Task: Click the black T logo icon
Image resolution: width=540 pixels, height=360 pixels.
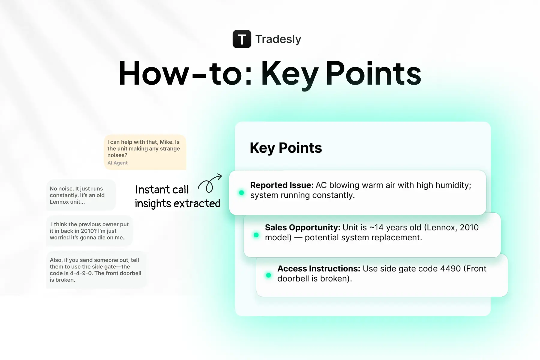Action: [x=242, y=39]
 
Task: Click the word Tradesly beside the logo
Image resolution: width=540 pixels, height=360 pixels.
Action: [x=278, y=39]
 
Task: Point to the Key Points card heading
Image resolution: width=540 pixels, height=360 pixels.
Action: [x=286, y=148]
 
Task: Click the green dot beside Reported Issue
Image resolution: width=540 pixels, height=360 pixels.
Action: [x=241, y=193]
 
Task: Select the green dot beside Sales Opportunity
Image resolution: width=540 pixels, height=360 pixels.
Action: [x=256, y=235]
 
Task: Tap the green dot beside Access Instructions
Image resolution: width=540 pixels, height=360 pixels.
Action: [x=268, y=275]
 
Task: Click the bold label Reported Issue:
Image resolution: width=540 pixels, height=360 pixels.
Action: [x=282, y=185]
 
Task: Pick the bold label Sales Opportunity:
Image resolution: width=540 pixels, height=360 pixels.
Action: [x=302, y=227]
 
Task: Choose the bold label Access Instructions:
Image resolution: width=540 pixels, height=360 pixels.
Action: [x=319, y=268]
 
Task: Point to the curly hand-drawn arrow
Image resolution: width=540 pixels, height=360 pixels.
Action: [x=210, y=183]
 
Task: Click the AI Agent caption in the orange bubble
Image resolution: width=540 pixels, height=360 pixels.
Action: [x=117, y=163]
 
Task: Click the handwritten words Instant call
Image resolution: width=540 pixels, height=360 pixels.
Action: [x=162, y=190]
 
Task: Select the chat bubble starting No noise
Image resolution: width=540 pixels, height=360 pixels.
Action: [x=80, y=195]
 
